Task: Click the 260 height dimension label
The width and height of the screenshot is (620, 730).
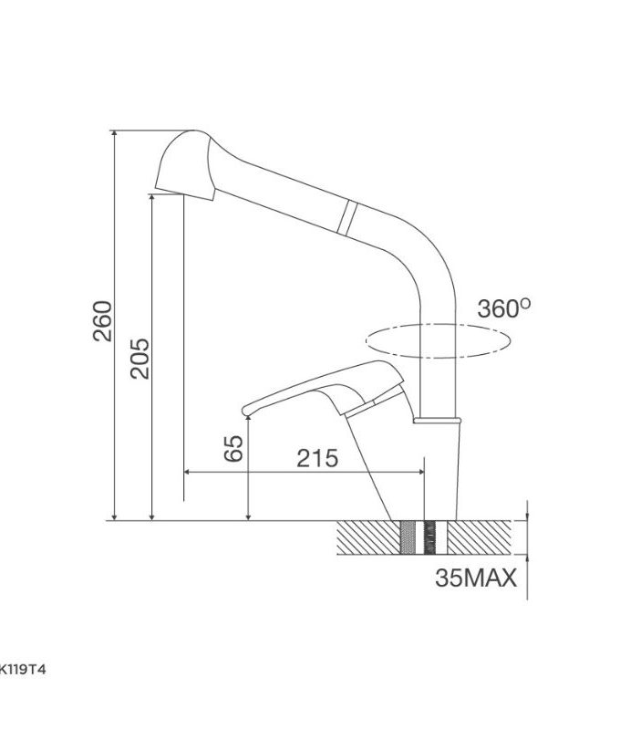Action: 102,321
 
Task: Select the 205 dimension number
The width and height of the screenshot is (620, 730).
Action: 139,359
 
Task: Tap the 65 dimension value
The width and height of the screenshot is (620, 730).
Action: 234,448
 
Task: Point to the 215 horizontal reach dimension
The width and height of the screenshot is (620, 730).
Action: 316,457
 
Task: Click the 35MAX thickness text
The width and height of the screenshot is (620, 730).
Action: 476,578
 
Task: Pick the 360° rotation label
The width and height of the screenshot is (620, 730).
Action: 503,308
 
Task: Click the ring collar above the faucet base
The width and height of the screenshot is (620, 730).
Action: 439,420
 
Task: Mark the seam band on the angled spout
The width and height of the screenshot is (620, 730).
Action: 346,215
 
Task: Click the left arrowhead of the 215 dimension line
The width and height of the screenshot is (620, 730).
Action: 189,472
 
